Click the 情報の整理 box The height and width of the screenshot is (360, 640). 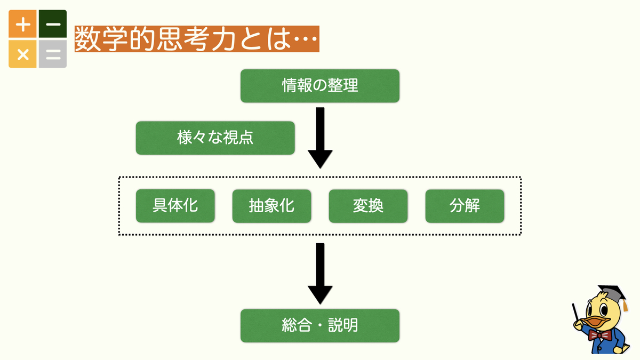click(319, 86)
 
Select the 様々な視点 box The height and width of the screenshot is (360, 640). click(215, 138)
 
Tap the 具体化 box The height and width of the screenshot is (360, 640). click(175, 206)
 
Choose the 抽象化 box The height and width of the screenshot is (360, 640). click(271, 206)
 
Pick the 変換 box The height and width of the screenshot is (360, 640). click(368, 206)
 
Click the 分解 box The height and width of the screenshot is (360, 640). click(465, 206)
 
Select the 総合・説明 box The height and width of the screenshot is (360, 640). click(319, 326)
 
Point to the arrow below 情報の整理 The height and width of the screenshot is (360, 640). click(320, 138)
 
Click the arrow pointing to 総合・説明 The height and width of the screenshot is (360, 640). click(320, 274)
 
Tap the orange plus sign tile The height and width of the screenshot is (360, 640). click(22, 24)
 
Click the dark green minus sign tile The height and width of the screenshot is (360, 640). click(53, 24)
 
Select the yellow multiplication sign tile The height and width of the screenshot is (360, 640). click(22, 54)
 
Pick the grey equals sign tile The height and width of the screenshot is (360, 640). click(53, 54)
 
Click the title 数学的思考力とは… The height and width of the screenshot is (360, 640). click(197, 39)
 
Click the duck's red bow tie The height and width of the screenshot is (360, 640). click(600, 335)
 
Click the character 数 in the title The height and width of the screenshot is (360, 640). click(87, 39)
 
